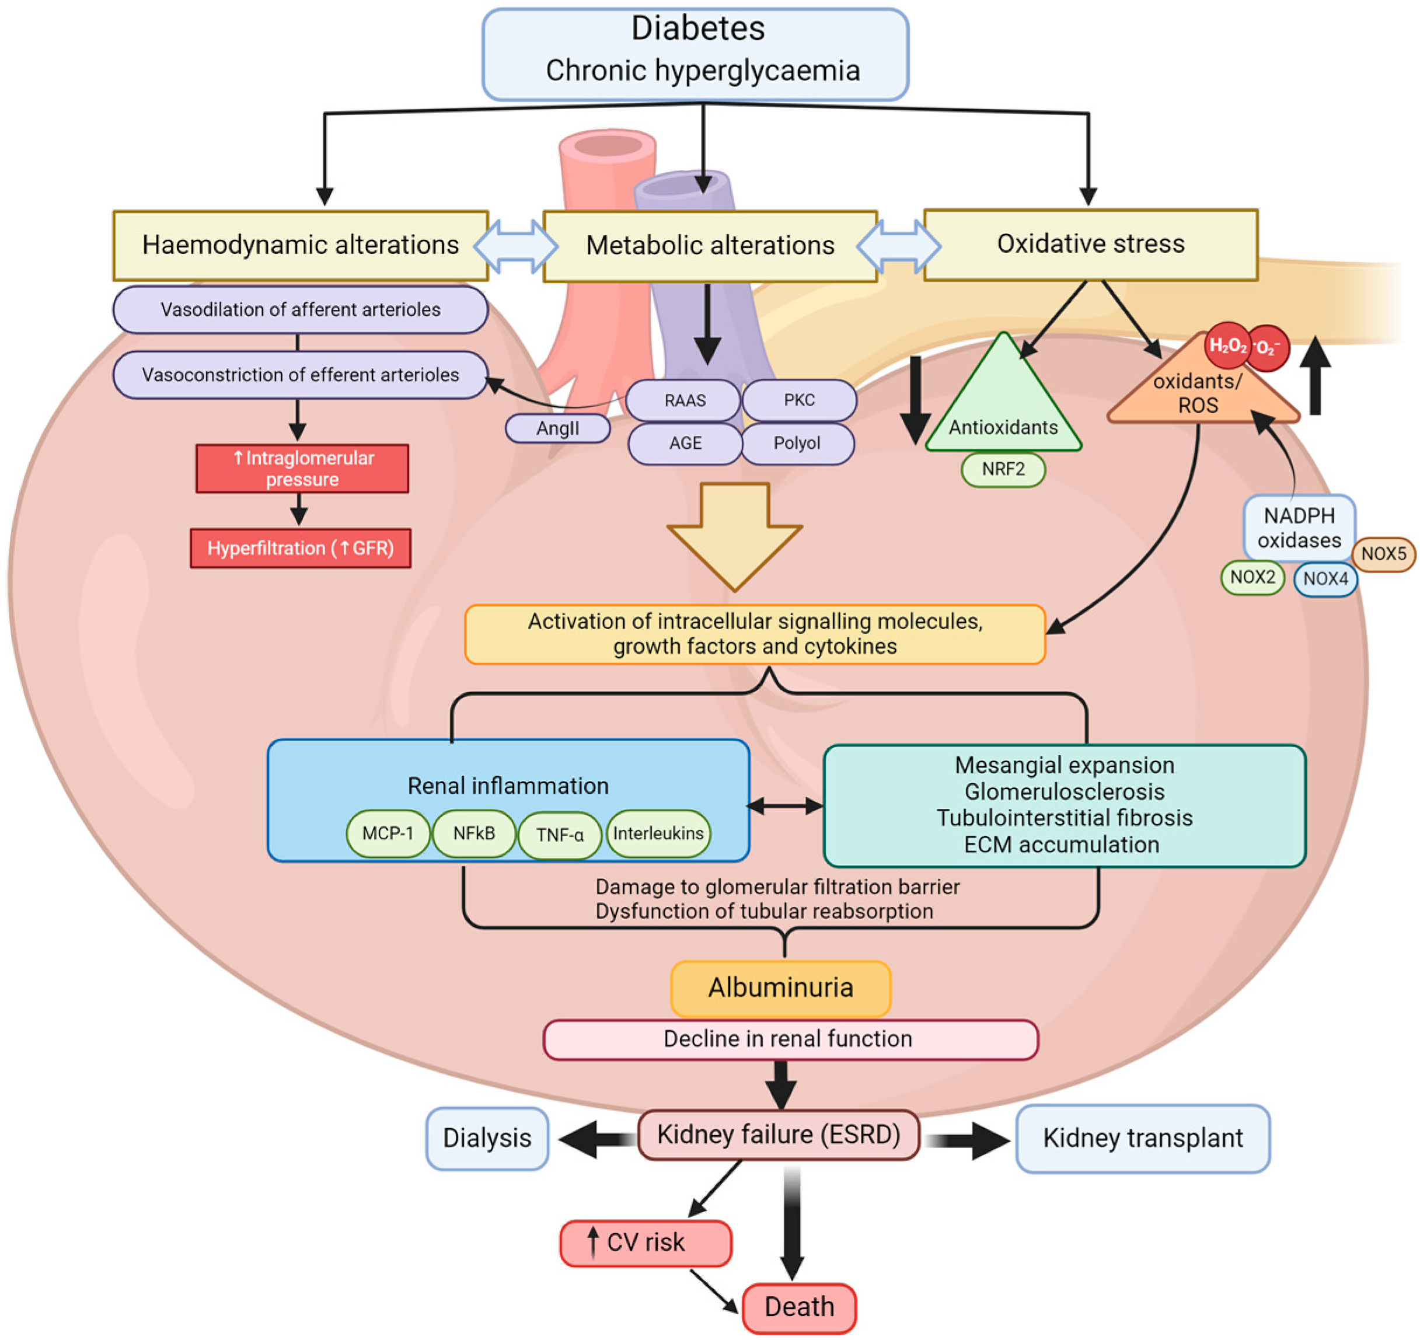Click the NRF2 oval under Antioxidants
(x=1003, y=469)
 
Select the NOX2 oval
(x=1252, y=577)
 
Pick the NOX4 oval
(x=1325, y=578)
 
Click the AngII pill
(x=557, y=428)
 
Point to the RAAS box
(x=683, y=400)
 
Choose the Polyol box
(x=797, y=444)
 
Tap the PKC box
(x=798, y=400)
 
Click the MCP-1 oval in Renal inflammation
(x=388, y=833)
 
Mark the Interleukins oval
(x=658, y=833)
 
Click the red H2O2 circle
(x=1227, y=346)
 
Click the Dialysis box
(x=487, y=1138)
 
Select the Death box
(x=798, y=1307)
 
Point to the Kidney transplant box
(x=1142, y=1138)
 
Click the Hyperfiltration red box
(x=300, y=549)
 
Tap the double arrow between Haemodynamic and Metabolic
(x=516, y=246)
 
